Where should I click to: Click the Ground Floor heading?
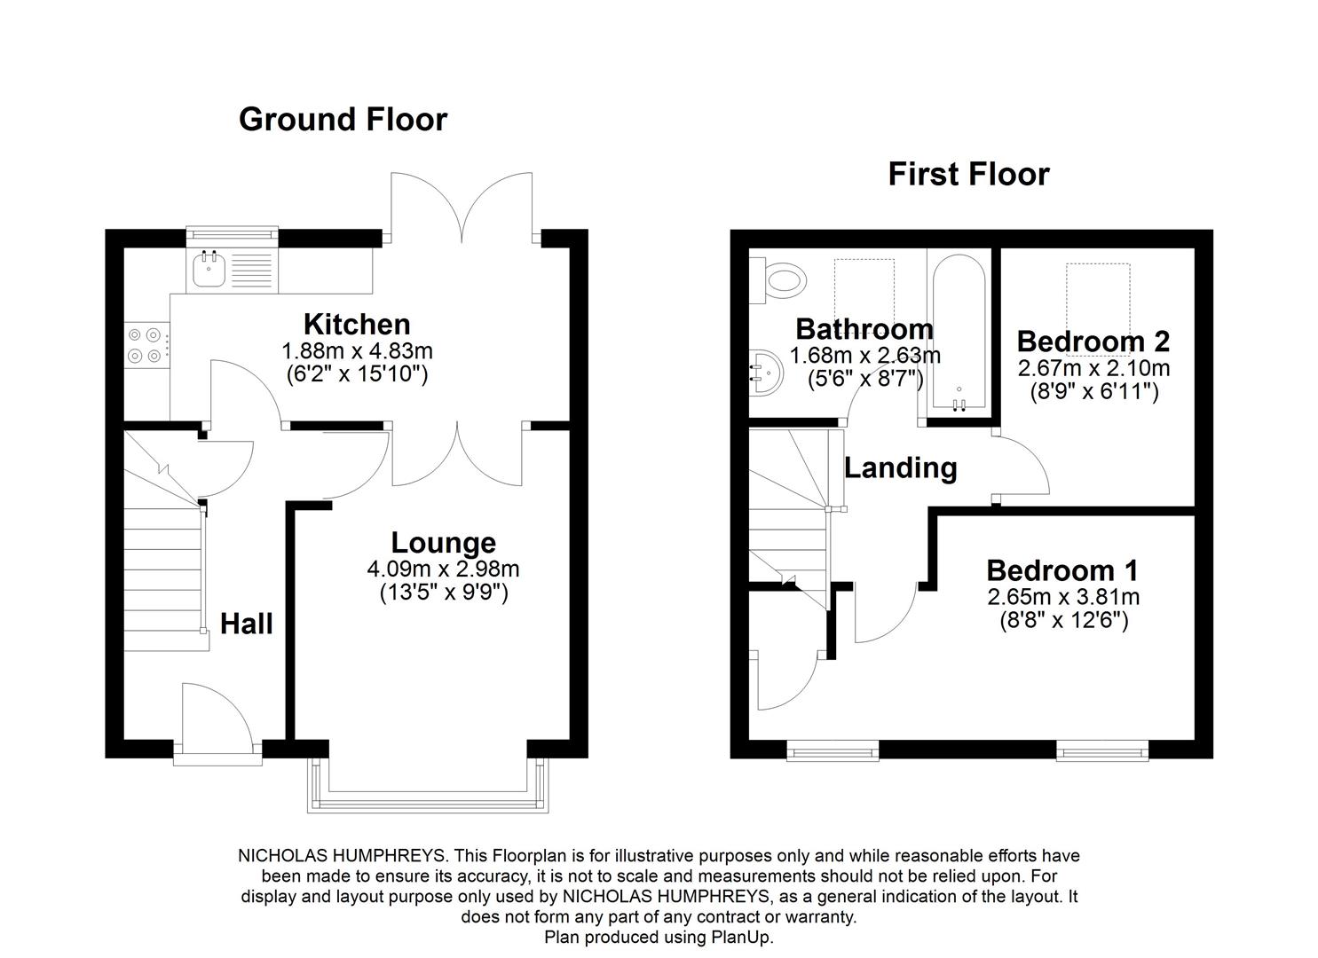[x=343, y=120]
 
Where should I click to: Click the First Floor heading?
[x=968, y=174]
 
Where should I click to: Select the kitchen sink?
[x=209, y=270]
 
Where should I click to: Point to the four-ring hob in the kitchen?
[x=145, y=345]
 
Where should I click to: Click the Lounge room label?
[x=443, y=543]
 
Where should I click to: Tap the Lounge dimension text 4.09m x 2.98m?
[x=443, y=569]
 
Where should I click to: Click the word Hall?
[x=246, y=624]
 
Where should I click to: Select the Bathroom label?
[x=864, y=329]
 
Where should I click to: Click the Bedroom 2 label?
[x=1093, y=342]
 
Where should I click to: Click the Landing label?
[x=900, y=467]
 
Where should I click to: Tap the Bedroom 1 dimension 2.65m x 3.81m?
[x=1063, y=597]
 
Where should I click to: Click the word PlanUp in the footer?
[x=741, y=937]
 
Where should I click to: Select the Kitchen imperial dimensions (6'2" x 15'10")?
[x=357, y=374]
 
